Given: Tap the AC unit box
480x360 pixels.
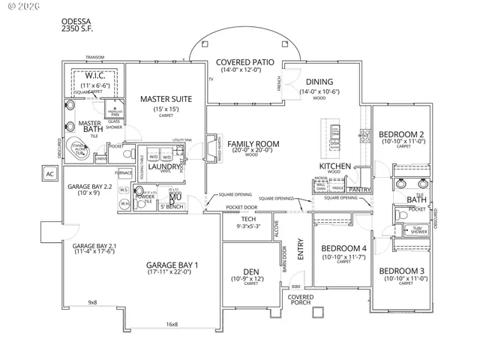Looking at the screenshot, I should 49,175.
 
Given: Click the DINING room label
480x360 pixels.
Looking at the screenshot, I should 319,82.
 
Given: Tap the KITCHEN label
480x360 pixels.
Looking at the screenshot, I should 336,166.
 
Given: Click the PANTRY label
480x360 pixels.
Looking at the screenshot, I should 361,190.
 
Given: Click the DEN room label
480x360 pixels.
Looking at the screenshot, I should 250,272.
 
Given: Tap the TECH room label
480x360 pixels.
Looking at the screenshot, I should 248,218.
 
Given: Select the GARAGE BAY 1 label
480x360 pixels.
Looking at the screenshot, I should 172,265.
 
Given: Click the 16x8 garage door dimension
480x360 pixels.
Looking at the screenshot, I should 172,324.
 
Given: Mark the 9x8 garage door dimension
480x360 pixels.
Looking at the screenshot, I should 93,302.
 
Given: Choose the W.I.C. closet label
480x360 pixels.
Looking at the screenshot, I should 94,76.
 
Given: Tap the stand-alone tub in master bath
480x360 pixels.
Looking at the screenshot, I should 79,150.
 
